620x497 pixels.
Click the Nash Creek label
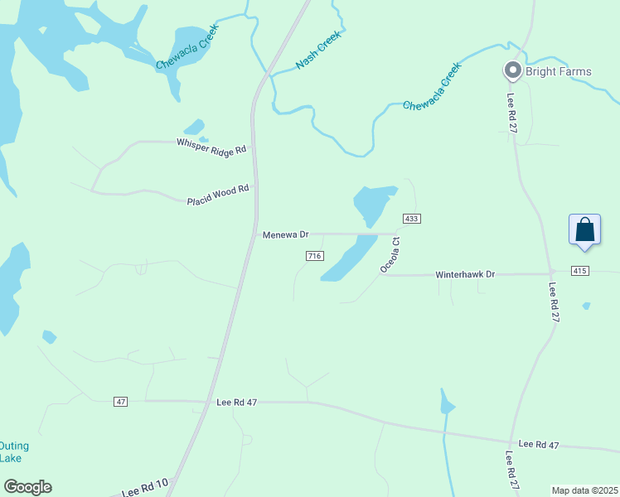[318, 51]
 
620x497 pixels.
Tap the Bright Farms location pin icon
[513, 71]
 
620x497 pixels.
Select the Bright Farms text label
[559, 71]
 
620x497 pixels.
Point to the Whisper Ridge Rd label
[211, 146]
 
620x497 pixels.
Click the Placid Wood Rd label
[218, 194]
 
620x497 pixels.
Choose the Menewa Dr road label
[285, 235]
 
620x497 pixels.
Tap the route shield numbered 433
[412, 219]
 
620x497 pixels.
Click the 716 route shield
[313, 256]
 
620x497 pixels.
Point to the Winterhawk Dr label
[465, 274]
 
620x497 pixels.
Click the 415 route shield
[579, 271]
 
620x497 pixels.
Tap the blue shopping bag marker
[584, 229]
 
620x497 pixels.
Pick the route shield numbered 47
[121, 402]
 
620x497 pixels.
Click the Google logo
[27, 487]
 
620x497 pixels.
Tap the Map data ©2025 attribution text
[584, 490]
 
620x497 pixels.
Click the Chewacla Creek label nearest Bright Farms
[431, 91]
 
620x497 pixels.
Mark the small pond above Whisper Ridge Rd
[194, 127]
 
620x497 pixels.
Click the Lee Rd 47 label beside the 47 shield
[237, 402]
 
